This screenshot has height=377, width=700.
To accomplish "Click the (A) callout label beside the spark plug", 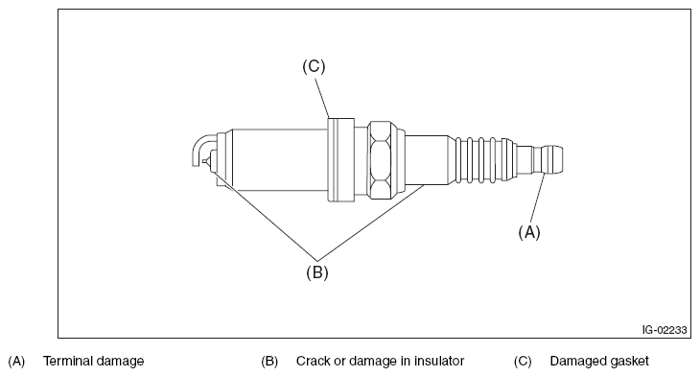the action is pos(529,232).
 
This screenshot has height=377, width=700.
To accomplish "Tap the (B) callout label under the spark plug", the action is pos(317,272).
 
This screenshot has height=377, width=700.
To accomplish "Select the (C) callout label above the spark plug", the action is pos(314,66).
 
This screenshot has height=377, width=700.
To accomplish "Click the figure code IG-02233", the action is pos(665,330).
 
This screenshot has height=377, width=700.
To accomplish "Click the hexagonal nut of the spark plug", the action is pos(381,160).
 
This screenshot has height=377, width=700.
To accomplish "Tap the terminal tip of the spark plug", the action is pos(551,159).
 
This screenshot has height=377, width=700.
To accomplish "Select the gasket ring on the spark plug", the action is pos(341,160).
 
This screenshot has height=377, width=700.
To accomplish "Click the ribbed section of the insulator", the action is pos(481,159).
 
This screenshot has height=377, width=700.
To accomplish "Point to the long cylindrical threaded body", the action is pos(280,160).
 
